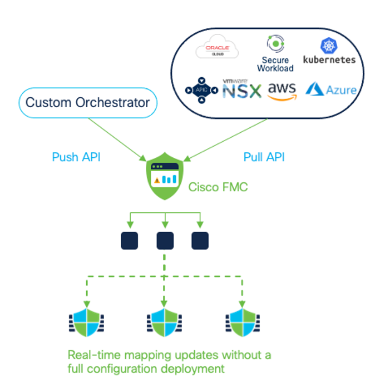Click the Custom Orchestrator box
click(x=87, y=103)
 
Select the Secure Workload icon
click(x=275, y=44)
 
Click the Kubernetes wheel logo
click(x=329, y=46)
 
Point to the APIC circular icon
click(x=201, y=89)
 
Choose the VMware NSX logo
click(x=241, y=89)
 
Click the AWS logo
click(x=281, y=91)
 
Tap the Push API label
click(x=76, y=157)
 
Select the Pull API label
click(x=264, y=157)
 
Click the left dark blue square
click(x=130, y=241)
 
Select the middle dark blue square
click(x=165, y=241)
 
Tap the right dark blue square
click(x=200, y=241)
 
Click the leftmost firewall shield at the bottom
click(x=86, y=324)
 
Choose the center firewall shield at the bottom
click(x=164, y=324)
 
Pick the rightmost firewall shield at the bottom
click(x=243, y=324)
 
